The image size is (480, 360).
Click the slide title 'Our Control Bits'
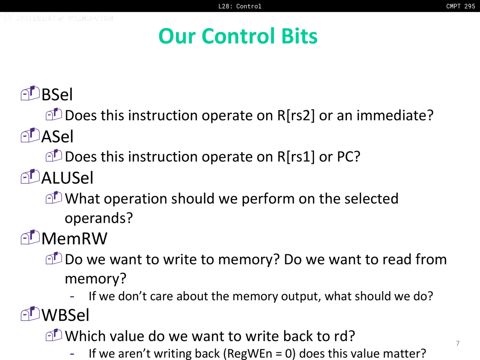click(238, 36)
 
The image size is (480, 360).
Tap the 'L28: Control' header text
click(240, 6)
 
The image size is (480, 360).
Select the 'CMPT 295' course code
click(460, 6)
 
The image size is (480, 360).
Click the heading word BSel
click(57, 94)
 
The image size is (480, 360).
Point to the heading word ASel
click(57, 136)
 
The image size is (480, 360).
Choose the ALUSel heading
click(67, 178)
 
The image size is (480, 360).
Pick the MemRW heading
click(74, 238)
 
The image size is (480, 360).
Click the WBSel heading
click(65, 315)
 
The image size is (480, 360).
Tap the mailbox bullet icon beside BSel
click(30, 93)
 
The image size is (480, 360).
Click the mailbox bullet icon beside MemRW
click(30, 237)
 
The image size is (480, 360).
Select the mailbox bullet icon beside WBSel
click(30, 313)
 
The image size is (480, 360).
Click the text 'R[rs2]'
click(296, 115)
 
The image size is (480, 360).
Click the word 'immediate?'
click(395, 115)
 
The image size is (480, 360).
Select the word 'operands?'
click(99, 218)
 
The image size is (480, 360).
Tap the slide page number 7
click(458, 343)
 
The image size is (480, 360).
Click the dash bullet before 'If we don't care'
click(72, 297)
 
